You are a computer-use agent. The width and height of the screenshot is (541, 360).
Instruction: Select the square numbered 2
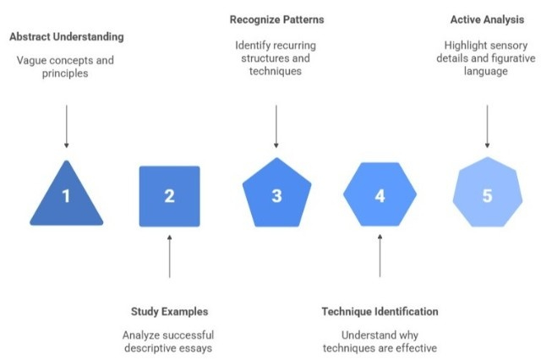169,196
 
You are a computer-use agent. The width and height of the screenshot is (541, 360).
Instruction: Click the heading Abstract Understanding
66,37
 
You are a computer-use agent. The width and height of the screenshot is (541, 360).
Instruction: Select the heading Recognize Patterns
276,18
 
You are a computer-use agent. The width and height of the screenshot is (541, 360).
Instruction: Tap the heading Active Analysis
487,18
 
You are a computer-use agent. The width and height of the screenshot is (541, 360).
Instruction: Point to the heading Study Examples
169,312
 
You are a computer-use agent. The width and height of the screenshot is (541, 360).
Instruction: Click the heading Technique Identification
380,312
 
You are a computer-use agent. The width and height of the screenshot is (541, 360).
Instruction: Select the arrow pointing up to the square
169,258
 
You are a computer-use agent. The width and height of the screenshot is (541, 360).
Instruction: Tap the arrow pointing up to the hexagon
380,258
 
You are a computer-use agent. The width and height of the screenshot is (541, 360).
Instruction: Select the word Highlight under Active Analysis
467,44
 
